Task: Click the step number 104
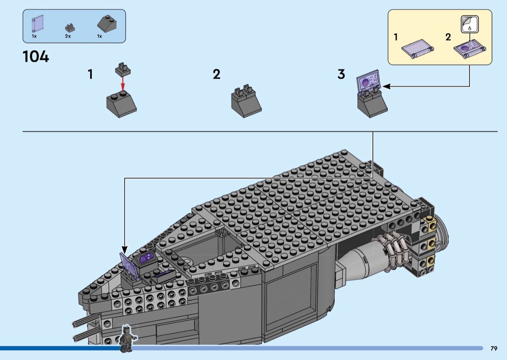36,56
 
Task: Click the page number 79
494,348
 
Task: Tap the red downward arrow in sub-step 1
123,84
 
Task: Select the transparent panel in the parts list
38,24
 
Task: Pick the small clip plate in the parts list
70,28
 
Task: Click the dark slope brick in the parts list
107,24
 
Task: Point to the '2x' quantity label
68,36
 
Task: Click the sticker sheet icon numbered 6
469,24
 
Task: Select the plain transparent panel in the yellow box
418,49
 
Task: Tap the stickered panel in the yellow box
470,49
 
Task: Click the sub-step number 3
341,74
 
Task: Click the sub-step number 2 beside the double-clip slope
217,74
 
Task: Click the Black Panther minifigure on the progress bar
126,338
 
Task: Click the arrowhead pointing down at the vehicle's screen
125,250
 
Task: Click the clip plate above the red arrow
123,70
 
